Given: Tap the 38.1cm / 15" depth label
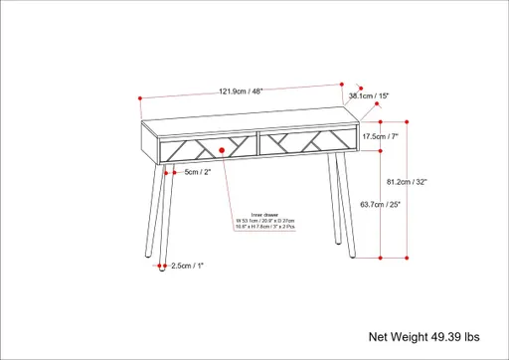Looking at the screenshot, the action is (x=369, y=95).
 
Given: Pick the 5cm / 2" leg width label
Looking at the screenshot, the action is (x=198, y=172).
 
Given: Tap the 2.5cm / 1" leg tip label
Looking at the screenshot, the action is (x=186, y=266).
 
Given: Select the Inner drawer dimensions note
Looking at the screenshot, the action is (x=264, y=220).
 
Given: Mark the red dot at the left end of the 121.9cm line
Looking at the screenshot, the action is (x=142, y=97).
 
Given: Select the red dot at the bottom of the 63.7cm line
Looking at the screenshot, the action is (x=383, y=257).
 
